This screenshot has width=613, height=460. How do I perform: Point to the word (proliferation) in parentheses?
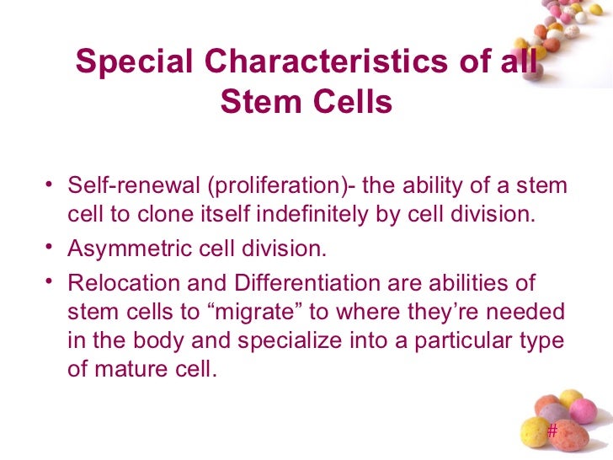pos(276,185)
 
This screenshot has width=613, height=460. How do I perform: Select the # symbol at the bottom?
pos(552,431)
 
